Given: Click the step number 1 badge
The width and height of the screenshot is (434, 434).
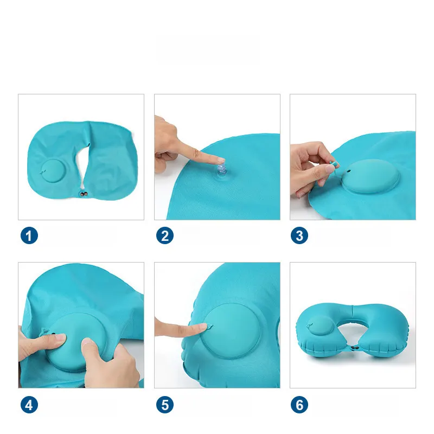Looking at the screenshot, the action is click(29, 235).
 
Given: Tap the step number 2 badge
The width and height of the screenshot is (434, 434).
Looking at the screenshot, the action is click(165, 235).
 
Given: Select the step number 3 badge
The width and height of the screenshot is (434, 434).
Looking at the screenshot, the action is click(299, 235).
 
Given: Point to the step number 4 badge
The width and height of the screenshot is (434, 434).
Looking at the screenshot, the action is click(29, 405).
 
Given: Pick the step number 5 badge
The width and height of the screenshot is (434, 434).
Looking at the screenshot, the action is click(165, 405).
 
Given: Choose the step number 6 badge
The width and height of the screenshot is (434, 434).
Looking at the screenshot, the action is click(299, 405).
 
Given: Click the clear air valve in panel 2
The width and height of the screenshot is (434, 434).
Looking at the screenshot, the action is click(222, 170).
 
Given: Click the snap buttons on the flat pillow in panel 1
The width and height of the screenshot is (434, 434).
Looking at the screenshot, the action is click(84, 194).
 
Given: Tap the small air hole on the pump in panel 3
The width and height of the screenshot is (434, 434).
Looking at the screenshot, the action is click(349, 171).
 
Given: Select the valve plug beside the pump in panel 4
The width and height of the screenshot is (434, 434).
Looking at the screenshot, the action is click(45, 331).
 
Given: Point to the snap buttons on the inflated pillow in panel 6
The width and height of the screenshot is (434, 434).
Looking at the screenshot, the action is click(354, 347).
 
